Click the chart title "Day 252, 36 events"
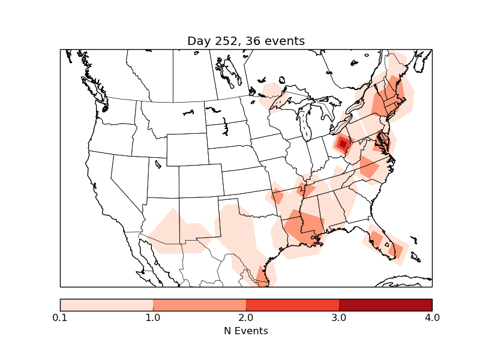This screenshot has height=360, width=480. click(246, 41)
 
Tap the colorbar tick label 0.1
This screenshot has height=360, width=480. click(60, 317)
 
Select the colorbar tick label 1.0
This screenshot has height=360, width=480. click(153, 317)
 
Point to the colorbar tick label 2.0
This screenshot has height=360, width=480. click(246, 317)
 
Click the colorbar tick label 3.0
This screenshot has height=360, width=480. click(339, 317)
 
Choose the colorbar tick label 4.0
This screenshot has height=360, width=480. click(431, 317)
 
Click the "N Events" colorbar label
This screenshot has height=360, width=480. click(246, 331)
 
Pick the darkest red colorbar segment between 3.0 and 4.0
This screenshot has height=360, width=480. click(385, 305)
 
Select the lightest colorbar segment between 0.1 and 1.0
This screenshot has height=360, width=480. click(106, 305)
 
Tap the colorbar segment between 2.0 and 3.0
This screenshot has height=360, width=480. click(292, 305)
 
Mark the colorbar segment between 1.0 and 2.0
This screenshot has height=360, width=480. click(199, 305)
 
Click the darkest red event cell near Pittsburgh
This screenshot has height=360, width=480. click(343, 144)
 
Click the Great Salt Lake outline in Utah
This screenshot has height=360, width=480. click(158, 163)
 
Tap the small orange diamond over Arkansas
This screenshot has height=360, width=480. click(277, 197)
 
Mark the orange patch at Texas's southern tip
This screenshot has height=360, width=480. click(262, 275)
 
